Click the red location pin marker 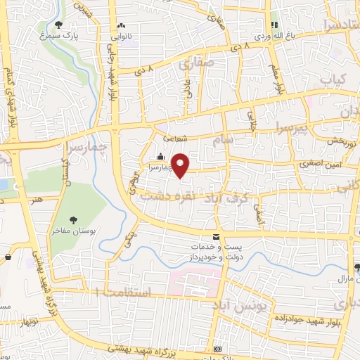pos(181,165)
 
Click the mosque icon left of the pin pos(161,157)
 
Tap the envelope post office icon pos(216,237)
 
